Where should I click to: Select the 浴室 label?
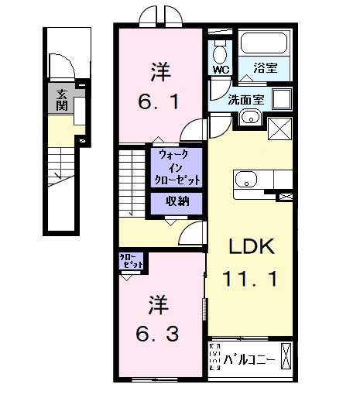[267, 69]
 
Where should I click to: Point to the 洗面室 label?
[247, 99]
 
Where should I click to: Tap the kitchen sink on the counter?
[246, 180]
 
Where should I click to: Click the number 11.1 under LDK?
[251, 277]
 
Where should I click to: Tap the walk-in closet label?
[179, 167]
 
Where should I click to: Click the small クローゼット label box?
[132, 262]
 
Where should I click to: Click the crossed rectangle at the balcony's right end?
[288, 358]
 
